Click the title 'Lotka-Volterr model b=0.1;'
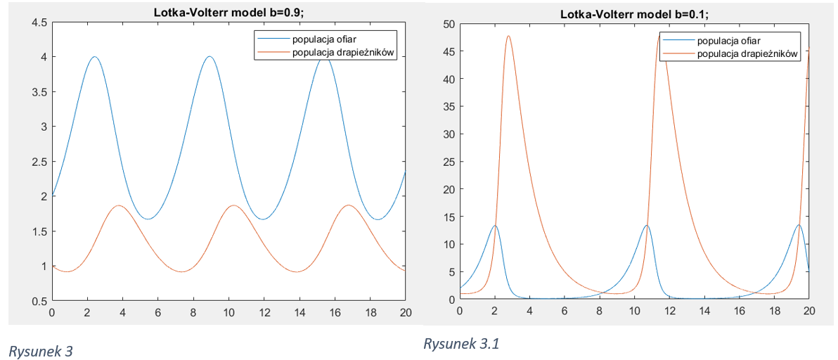click(634, 13)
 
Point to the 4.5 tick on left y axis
click(39, 22)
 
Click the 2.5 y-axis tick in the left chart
click(39, 162)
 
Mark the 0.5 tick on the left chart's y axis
click(39, 301)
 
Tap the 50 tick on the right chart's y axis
click(447, 25)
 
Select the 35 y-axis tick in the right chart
click(447, 107)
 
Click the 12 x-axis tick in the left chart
click(264, 313)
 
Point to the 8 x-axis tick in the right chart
click(599, 311)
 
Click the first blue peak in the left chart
click(94, 57)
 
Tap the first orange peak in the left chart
click(119, 205)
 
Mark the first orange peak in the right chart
click(508, 36)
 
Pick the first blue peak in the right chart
click(495, 226)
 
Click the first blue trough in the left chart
click(148, 219)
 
